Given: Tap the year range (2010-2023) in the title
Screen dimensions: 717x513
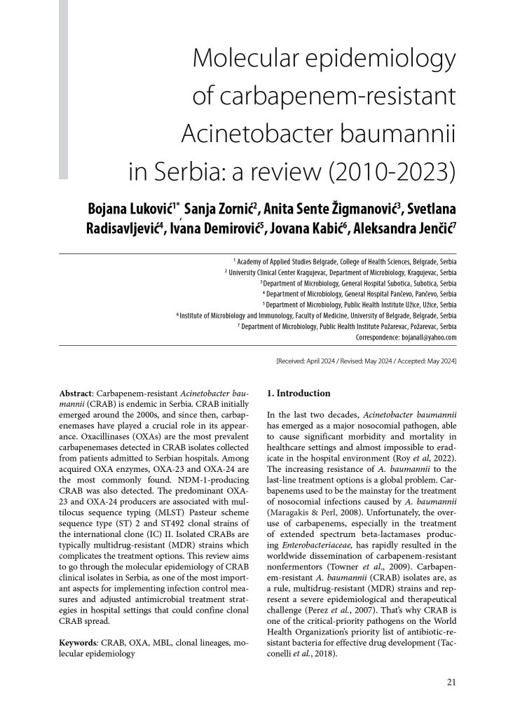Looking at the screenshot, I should pyautogui.click(x=393, y=170).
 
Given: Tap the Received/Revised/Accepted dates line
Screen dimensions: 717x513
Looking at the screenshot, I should pyautogui.click(x=367, y=360).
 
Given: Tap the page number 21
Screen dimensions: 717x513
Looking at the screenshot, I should pyautogui.click(x=451, y=681).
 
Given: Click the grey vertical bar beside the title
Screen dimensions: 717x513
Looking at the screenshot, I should pyautogui.click(x=63, y=88).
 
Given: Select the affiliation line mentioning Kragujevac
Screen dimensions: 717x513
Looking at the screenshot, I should pyautogui.click(x=341, y=271).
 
